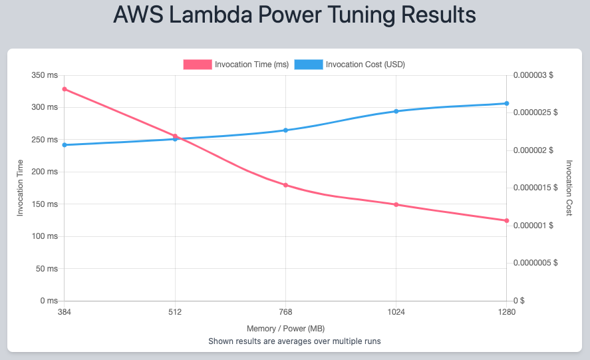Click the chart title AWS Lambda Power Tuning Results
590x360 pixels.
(x=295, y=16)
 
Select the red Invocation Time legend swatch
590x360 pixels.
(x=198, y=65)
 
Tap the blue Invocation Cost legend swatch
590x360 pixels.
(x=309, y=65)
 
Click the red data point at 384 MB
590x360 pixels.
(x=65, y=89)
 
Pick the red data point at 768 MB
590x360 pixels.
(x=285, y=185)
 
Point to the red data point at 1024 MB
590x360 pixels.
(x=396, y=204)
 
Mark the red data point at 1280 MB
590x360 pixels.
(x=506, y=220)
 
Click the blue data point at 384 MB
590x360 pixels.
(x=65, y=145)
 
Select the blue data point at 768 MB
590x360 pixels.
(x=285, y=130)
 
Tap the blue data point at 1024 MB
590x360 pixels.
(x=396, y=111)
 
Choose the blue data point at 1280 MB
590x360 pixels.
(x=506, y=103)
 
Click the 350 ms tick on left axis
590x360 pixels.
(x=45, y=75)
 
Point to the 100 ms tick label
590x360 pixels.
(x=45, y=236)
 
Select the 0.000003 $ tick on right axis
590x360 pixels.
(x=533, y=75)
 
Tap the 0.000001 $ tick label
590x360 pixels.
(x=533, y=226)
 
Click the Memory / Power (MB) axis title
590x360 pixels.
(x=285, y=329)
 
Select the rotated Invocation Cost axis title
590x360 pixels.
(x=569, y=188)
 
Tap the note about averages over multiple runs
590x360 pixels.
(x=295, y=341)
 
